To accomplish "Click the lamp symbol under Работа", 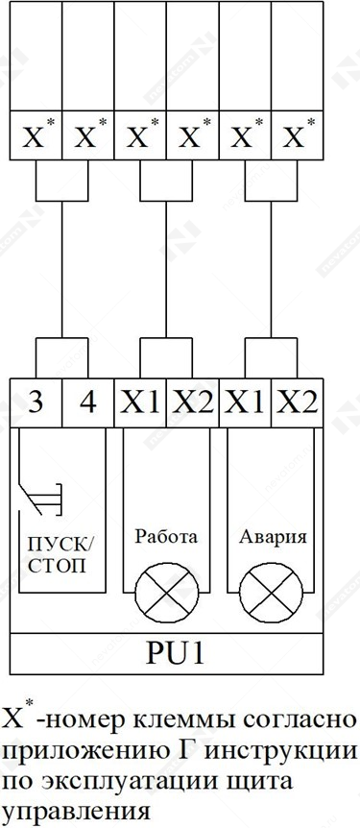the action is [167, 593].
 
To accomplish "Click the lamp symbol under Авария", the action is [271, 593].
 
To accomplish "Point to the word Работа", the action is [166, 537].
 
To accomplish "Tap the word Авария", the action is [273, 537].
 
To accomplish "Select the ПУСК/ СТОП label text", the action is [63, 555].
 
